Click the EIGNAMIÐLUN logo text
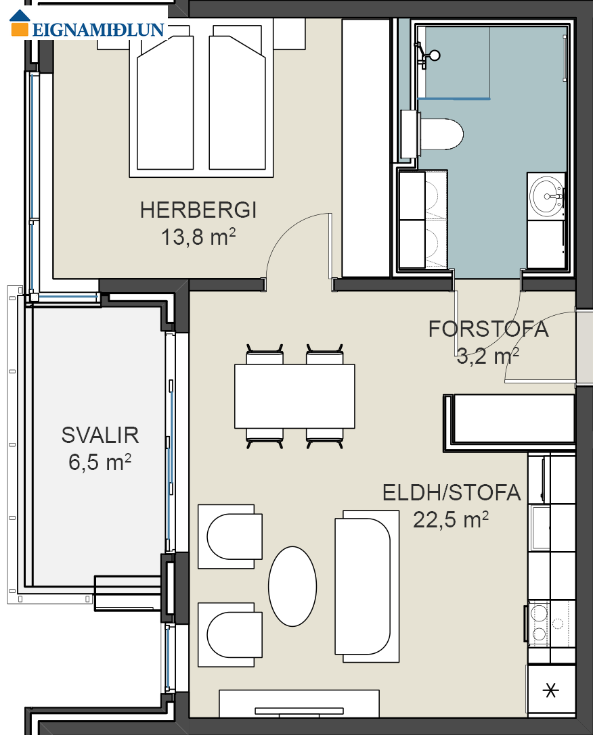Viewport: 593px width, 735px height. coord(98,30)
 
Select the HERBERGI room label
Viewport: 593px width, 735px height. coord(198,210)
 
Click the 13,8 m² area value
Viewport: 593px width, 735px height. coord(198,237)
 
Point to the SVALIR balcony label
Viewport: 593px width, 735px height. coord(100,435)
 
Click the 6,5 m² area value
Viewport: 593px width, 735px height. coord(100,463)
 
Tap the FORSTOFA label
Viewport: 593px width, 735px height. coord(488,329)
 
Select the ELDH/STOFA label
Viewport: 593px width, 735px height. coord(452,493)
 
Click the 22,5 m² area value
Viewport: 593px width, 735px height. coord(451,519)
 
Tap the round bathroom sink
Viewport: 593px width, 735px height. coord(546,197)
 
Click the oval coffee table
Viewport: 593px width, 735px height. coord(292,586)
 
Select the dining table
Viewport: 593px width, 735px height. coord(294,396)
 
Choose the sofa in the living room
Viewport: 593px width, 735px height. coord(367,586)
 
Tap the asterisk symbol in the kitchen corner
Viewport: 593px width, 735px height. coord(551,690)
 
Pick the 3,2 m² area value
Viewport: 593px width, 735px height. coord(488,356)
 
